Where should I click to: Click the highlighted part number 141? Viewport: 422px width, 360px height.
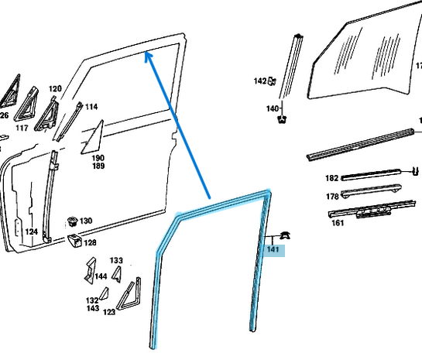pyautogui.click(x=273, y=249)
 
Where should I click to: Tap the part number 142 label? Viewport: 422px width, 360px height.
pyautogui.click(x=260, y=81)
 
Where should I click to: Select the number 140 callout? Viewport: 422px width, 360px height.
pyautogui.click(x=273, y=108)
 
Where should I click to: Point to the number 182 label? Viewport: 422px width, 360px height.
pyautogui.click(x=331, y=178)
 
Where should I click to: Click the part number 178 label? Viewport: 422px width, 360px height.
pyautogui.click(x=332, y=197)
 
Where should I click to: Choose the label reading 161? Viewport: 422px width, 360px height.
pyautogui.click(x=338, y=223)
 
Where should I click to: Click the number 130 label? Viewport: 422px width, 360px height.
pyautogui.click(x=86, y=221)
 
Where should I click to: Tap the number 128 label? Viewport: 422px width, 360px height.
pyautogui.click(x=90, y=242)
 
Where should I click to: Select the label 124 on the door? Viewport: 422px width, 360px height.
pyautogui.click(x=32, y=231)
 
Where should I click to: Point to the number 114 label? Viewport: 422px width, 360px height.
pyautogui.click(x=91, y=107)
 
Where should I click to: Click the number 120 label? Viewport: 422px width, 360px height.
pyautogui.click(x=55, y=88)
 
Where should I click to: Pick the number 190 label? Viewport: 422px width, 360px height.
pyautogui.click(x=98, y=158)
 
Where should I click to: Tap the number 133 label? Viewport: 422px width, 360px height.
pyautogui.click(x=116, y=260)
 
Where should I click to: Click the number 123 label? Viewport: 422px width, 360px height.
pyautogui.click(x=109, y=312)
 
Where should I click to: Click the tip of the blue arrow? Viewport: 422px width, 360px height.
pyautogui.click(x=146, y=52)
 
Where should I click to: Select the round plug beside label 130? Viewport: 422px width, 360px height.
pyautogui.click(x=72, y=221)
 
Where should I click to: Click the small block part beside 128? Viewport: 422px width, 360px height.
pyautogui.click(x=74, y=241)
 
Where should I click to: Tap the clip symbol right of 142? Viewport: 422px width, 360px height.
pyautogui.click(x=272, y=81)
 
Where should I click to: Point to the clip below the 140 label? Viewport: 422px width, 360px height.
pyautogui.click(x=282, y=119)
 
